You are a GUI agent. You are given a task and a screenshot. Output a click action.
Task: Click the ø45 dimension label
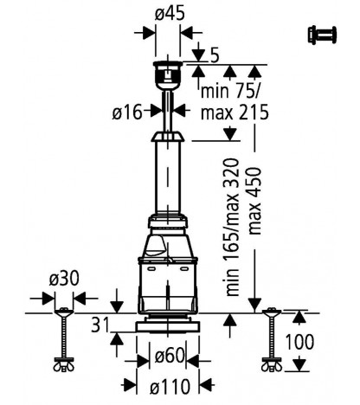pos(170,14)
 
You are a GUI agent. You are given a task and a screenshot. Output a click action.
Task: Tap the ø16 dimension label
pos(127,112)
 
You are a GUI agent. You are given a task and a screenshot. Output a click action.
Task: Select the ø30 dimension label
pos(64,279)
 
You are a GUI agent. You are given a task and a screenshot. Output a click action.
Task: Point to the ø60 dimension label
pos(170,356)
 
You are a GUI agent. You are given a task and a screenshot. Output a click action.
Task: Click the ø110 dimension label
pos(170,386)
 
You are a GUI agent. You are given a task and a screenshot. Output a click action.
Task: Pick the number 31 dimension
pos(100,325)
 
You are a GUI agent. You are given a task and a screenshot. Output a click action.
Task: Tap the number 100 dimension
pos(299,342)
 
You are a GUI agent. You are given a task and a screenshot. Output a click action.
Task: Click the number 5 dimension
pos(215,55)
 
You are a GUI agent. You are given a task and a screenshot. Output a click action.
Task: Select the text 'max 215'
pos(235,112)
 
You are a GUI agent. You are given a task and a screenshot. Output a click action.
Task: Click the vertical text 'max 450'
pos(254,201)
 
